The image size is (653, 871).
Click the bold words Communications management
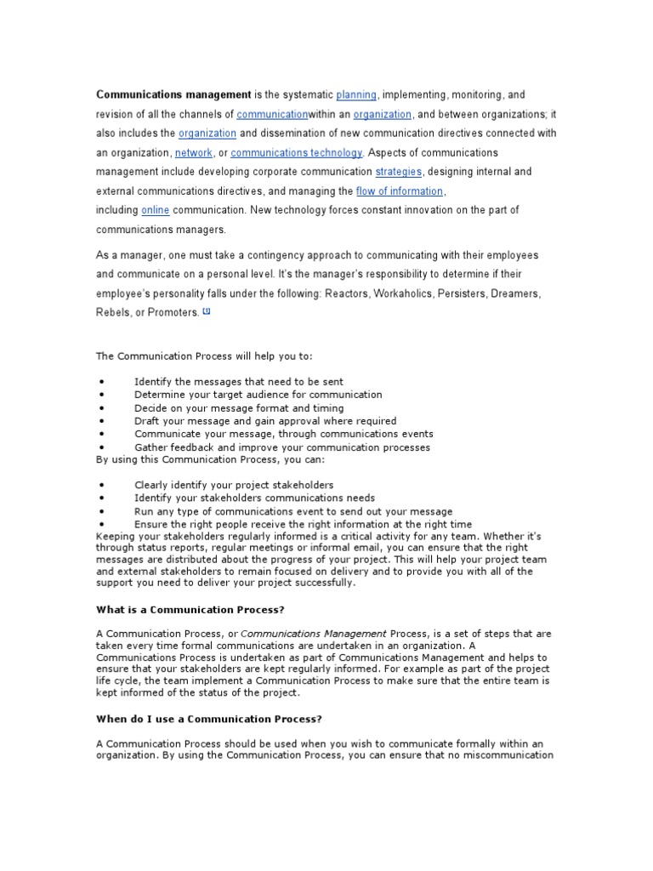click(173, 94)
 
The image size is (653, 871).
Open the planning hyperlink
click(356, 94)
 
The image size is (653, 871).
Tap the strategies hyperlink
click(398, 172)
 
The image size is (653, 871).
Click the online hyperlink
click(155, 210)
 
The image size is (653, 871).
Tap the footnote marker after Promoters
click(206, 311)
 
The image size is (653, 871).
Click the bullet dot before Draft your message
click(101, 421)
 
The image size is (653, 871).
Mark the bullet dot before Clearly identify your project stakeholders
click(101, 485)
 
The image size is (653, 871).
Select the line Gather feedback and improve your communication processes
click(282, 447)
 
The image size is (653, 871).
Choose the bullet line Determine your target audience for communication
click(258, 395)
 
